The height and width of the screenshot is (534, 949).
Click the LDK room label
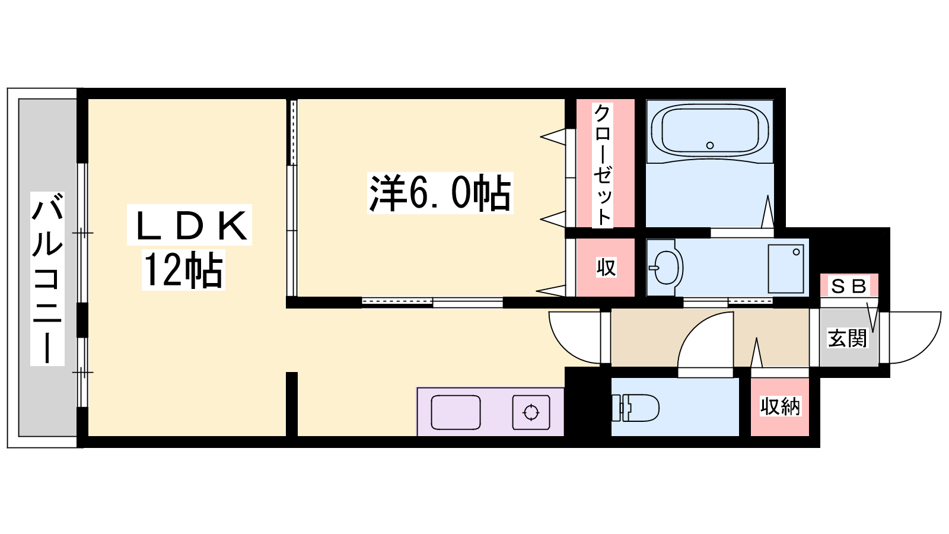189,225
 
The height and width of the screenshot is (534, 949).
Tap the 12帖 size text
183,269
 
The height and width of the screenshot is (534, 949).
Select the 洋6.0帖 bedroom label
440,193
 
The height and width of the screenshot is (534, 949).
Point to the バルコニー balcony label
47,278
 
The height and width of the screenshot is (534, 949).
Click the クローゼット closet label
602,164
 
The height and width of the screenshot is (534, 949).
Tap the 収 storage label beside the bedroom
606,268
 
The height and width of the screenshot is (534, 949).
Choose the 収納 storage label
780,406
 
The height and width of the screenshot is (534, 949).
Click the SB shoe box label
849,287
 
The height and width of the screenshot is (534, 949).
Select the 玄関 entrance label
848,338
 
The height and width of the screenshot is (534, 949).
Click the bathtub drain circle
710,145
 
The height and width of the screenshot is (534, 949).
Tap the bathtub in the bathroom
709,131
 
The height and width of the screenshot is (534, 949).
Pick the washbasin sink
665,268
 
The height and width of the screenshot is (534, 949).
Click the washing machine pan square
786,269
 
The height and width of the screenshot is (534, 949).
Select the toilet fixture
635,408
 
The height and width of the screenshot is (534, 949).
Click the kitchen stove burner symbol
531,412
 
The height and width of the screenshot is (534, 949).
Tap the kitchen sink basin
456,412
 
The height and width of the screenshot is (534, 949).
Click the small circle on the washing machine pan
796,252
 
